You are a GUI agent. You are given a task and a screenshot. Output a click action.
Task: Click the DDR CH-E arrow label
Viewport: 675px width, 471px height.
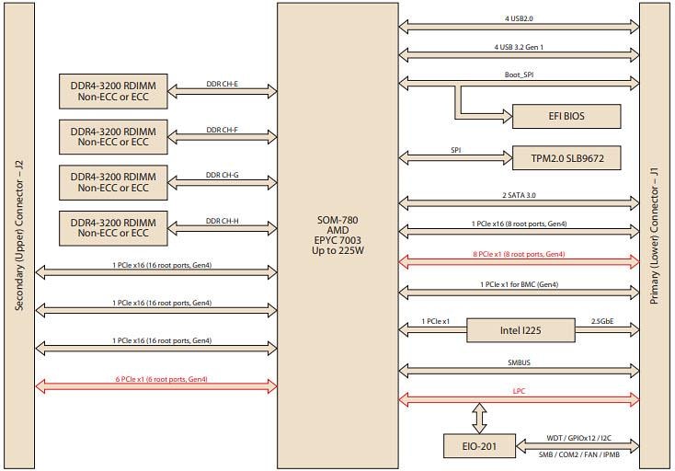[222, 84]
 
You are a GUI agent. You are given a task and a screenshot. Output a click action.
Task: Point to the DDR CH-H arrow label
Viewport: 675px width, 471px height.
[222, 221]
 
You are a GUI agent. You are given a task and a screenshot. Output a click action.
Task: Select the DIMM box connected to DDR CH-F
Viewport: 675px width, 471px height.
[113, 136]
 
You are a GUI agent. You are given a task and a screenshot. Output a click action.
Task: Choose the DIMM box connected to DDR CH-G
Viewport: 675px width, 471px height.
[113, 181]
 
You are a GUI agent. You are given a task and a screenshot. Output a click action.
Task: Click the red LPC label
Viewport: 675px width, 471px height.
[519, 392]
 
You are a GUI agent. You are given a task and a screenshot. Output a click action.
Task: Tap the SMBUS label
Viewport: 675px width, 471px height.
[519, 362]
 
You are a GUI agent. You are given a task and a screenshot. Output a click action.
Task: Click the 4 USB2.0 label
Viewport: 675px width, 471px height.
[519, 18]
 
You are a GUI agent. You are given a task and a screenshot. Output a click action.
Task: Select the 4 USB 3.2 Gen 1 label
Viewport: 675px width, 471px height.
[519, 47]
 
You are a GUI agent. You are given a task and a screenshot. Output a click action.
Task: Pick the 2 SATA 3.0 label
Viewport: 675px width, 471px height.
[519, 195]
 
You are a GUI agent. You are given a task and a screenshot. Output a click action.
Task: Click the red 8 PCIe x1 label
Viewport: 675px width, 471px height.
[519, 254]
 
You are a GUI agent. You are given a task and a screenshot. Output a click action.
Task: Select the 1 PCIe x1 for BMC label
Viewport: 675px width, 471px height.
[519, 284]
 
